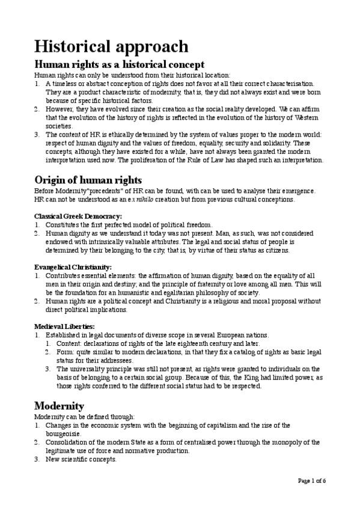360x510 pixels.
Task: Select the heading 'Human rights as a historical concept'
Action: pos(120,64)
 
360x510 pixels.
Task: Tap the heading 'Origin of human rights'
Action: pos(96,180)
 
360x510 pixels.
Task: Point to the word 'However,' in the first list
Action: pos(60,110)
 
